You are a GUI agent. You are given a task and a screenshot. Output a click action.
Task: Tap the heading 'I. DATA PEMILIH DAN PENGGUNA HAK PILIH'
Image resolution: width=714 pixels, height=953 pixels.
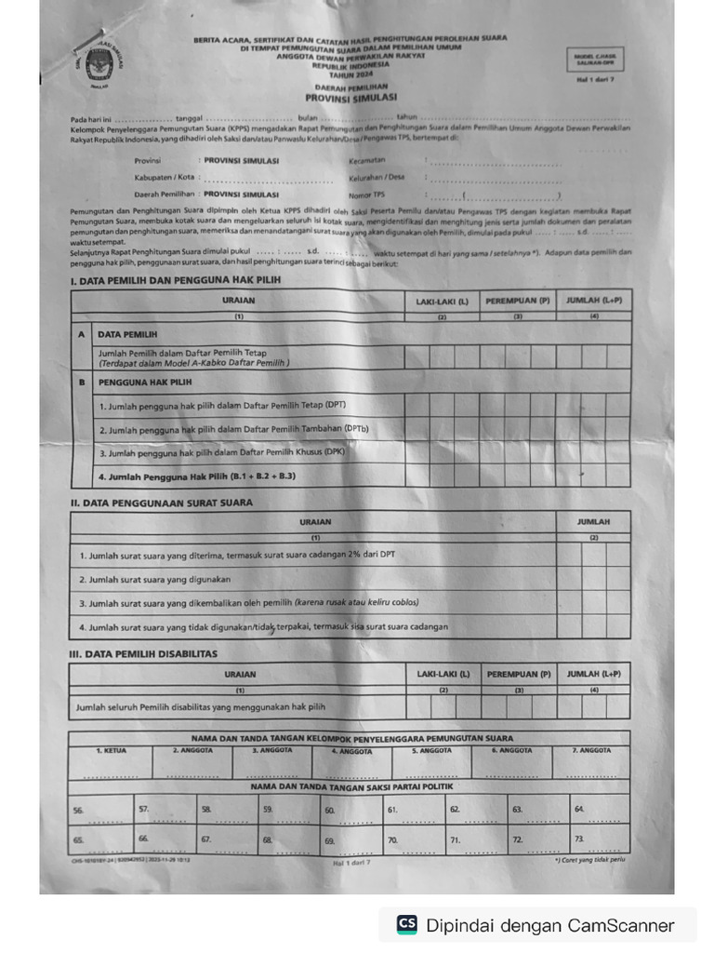pos(175,280)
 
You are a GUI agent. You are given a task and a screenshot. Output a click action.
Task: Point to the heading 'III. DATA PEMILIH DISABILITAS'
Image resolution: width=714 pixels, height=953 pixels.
pos(143,653)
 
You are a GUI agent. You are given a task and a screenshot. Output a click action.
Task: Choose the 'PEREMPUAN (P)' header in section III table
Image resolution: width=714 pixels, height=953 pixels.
pos(519,674)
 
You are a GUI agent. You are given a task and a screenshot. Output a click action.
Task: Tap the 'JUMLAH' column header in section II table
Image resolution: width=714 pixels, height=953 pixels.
pos(593,522)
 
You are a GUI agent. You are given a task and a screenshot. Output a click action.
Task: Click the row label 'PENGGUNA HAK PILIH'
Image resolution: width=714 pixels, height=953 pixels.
pos(145,382)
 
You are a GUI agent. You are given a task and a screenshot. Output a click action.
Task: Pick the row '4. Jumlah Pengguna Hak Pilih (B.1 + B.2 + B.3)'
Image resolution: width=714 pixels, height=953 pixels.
pos(197,476)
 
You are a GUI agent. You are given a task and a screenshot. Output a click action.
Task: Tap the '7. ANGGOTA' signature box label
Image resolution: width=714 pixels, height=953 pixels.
pos(591,750)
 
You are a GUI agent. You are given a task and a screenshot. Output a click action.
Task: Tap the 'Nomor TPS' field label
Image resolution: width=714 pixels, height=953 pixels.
pos(366,195)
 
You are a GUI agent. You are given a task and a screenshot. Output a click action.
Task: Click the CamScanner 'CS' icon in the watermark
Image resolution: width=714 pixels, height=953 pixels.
pos(406,924)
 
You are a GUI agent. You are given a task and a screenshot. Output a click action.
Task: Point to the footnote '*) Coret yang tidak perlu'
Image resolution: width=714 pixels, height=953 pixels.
pos(591,860)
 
